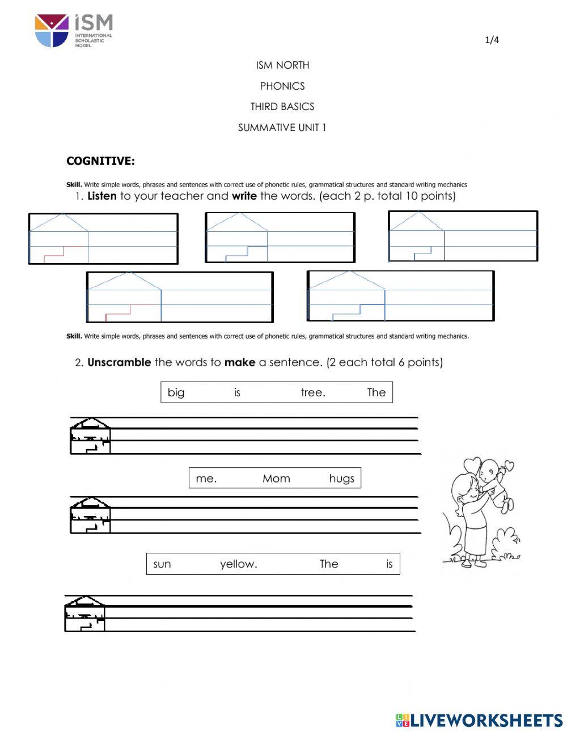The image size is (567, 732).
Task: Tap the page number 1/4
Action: coord(492,40)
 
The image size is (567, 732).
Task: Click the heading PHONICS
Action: coord(282,86)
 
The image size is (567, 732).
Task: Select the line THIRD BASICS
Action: coord(282,107)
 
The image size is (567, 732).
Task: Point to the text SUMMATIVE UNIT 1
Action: coord(282,128)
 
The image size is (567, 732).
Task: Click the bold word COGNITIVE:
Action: coord(100,161)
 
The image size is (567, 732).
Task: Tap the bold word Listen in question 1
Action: coord(102,196)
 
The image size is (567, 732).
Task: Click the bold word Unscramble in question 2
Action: coord(119,362)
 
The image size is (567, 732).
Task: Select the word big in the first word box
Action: coord(176,392)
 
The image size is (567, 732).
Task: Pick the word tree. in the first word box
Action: coord(313,392)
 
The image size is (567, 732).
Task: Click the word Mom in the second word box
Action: coord(276,479)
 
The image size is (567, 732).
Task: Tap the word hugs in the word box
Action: coord(341,479)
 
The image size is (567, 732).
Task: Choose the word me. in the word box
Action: coord(206,479)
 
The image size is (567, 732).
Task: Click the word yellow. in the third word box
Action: coord(239,564)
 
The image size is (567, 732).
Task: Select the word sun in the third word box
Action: coord(162,564)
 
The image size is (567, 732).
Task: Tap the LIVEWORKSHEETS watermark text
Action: coord(486,721)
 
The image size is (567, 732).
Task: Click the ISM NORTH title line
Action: coord(282,65)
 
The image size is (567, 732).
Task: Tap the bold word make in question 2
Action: coord(240,362)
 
